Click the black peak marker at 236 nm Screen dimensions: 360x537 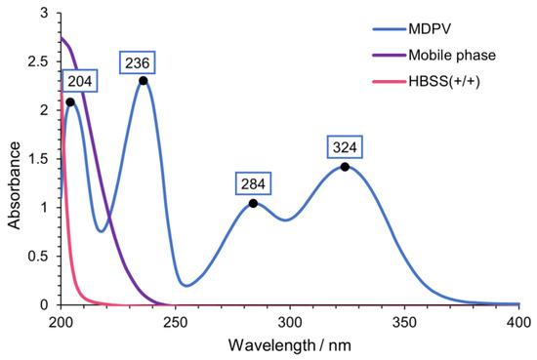tap(144, 81)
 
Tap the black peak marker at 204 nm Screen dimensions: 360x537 tap(70, 101)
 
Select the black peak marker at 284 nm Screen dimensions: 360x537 tap(253, 203)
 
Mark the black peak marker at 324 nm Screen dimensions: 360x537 tap(345, 167)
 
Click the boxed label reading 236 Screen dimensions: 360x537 tap(136, 62)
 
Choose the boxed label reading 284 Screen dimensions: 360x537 tap(253, 183)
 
